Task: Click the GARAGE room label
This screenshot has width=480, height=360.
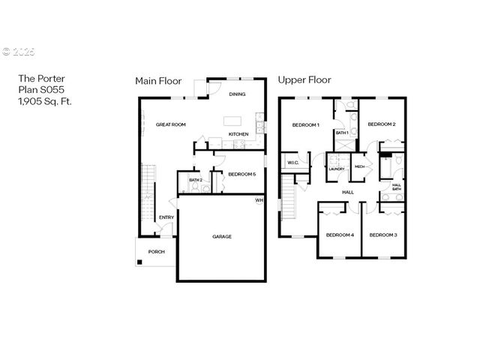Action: tap(222, 236)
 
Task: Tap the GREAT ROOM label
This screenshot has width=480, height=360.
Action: tap(170, 124)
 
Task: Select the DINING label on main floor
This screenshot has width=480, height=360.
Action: tap(237, 94)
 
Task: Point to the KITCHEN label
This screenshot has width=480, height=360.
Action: tap(238, 134)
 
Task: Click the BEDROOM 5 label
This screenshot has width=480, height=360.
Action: tap(241, 174)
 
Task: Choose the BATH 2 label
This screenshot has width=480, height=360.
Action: tap(195, 180)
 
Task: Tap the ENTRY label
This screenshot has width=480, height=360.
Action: tap(166, 218)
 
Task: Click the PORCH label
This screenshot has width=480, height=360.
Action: tap(156, 251)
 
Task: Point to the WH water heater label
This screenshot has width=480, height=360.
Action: tap(259, 200)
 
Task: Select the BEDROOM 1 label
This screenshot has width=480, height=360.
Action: tap(306, 124)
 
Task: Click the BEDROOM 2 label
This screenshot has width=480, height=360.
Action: tap(381, 124)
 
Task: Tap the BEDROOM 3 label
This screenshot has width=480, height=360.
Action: tap(382, 235)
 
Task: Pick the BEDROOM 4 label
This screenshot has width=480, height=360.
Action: tap(339, 235)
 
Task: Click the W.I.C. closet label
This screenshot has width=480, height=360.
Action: tap(292, 161)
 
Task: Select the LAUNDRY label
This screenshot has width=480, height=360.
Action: tap(336, 169)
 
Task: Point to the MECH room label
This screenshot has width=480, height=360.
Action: tap(359, 166)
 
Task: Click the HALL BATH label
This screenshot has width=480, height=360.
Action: tap(396, 187)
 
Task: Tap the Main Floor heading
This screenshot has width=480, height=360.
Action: tap(158, 80)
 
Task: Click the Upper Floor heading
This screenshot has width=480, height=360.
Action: tap(304, 79)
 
